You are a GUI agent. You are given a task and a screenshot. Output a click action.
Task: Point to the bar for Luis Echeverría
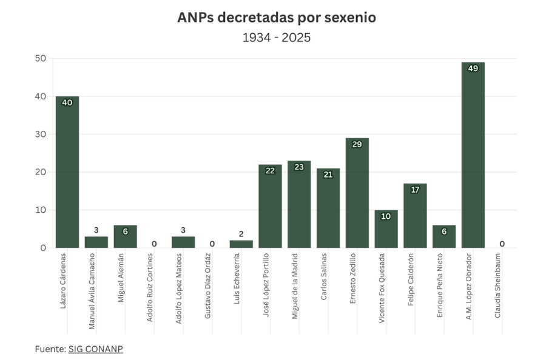(241, 244)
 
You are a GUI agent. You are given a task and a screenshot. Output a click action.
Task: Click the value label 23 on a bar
(299, 167)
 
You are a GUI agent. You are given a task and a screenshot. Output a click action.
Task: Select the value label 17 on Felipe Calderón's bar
(415, 190)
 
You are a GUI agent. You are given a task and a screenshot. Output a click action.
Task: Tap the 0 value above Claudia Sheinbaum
(502, 244)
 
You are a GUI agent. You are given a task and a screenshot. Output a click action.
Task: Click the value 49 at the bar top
(473, 68)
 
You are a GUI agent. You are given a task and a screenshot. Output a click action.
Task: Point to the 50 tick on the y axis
(41, 58)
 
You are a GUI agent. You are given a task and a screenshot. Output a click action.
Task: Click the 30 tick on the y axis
(41, 134)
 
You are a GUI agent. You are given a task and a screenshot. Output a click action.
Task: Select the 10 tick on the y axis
(41, 210)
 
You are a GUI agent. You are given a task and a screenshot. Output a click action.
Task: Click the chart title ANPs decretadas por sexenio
(276, 18)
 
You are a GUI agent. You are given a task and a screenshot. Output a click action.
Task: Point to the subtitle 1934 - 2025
(276, 38)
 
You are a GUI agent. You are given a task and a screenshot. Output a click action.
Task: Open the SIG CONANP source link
(95, 349)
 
